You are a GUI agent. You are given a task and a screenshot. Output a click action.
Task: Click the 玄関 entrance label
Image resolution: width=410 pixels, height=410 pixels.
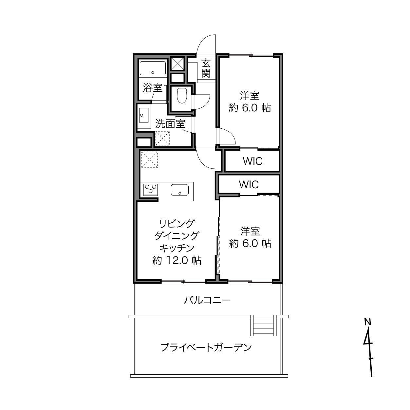click(x=206, y=68)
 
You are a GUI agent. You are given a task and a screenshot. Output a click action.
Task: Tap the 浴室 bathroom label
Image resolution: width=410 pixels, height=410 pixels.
click(x=153, y=88)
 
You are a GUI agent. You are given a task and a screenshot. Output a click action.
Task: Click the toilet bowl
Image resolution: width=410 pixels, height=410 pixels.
click(x=181, y=96)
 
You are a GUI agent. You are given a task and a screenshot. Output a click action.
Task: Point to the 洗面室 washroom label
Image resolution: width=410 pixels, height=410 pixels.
click(x=170, y=123)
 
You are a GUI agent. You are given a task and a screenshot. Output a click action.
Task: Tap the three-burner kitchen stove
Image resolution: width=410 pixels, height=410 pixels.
click(x=151, y=189)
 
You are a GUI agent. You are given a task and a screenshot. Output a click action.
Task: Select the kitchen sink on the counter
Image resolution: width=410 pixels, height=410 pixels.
click(x=179, y=190)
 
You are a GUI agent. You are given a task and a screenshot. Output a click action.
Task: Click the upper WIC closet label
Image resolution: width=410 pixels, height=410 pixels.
click(x=252, y=161)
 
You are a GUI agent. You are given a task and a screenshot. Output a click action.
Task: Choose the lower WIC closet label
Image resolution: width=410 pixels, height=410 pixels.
click(x=249, y=185)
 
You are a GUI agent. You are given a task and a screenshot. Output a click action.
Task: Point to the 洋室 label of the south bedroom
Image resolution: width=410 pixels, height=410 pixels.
click(x=250, y=231)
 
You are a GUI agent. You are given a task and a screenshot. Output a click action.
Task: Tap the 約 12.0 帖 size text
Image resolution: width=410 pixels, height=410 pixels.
click(x=177, y=261)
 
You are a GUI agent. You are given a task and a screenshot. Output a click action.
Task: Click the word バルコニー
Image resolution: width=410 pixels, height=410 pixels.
click(x=207, y=300)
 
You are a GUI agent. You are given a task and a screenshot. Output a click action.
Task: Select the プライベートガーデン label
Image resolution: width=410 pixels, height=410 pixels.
click(x=206, y=347)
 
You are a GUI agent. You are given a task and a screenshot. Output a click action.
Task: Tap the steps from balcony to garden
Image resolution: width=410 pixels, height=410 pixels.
click(x=263, y=326)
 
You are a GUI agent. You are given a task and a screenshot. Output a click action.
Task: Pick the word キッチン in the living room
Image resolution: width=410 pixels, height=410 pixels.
click(x=177, y=248)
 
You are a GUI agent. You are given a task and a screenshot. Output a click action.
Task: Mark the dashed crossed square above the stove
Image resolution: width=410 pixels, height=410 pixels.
click(x=149, y=159)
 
